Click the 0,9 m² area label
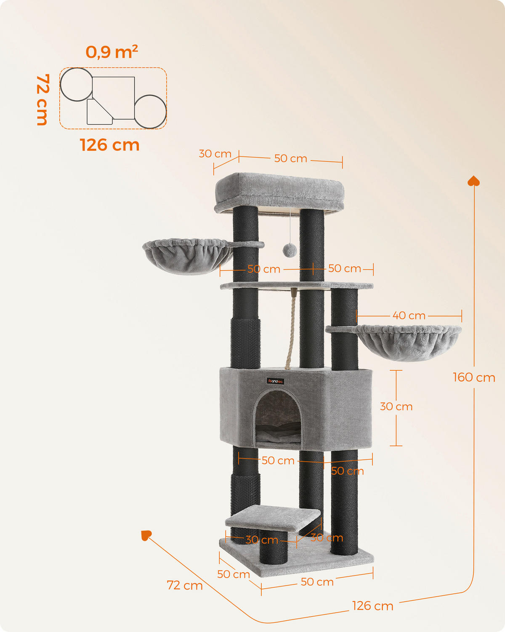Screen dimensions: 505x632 [x=112, y=52]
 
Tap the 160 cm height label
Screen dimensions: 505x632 [x=473, y=378]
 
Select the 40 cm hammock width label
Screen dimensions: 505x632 [x=409, y=316]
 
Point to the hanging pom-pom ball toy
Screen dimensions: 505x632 [x=290, y=250]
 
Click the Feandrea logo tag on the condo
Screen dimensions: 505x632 [x=276, y=381]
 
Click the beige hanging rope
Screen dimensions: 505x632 [x=291, y=329]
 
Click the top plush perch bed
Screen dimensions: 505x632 [x=279, y=193]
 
